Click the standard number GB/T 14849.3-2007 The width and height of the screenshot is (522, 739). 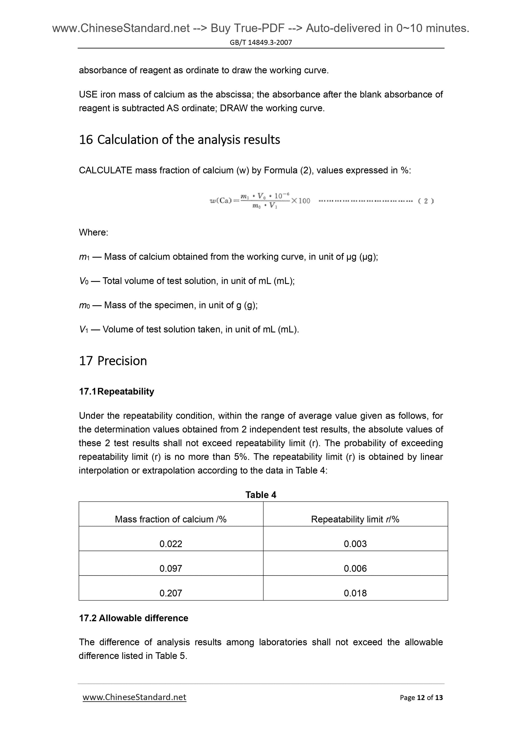(x=261, y=42)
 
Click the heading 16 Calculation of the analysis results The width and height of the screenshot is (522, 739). (x=179, y=140)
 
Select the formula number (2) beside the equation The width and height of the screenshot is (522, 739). (x=426, y=201)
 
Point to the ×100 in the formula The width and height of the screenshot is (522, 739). (x=300, y=201)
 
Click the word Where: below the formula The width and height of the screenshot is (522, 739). (x=94, y=232)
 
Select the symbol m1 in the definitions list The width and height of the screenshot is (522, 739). (x=84, y=257)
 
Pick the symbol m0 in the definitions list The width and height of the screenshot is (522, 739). (x=84, y=305)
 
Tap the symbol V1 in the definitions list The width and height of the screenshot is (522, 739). (x=83, y=329)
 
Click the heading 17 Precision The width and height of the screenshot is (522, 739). (x=113, y=361)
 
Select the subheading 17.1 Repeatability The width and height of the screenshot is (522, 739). (x=116, y=391)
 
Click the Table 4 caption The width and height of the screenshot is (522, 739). (x=261, y=494)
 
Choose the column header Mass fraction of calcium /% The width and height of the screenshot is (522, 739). (x=171, y=519)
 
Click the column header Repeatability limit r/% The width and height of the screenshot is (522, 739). (x=355, y=519)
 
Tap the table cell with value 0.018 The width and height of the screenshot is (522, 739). (x=355, y=593)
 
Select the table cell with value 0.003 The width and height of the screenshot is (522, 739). (x=355, y=544)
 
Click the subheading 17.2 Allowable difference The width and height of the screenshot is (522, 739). (x=134, y=618)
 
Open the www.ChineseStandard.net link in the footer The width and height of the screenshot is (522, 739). (x=134, y=697)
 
